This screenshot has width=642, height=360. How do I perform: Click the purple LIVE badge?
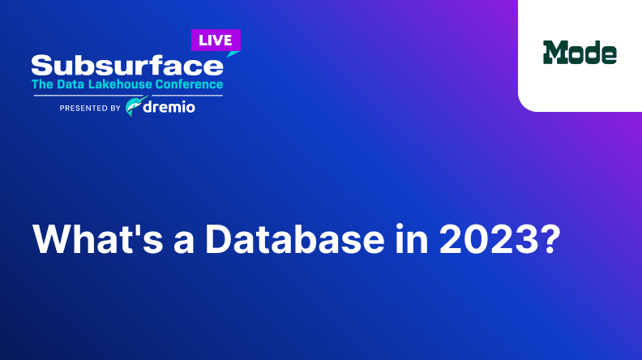click(x=216, y=41)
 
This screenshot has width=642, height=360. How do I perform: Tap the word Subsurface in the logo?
click(x=127, y=66)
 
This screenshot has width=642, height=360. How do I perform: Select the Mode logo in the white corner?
click(x=580, y=53)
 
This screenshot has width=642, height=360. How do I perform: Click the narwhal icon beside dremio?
click(x=136, y=106)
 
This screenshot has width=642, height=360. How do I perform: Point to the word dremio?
click(x=169, y=107)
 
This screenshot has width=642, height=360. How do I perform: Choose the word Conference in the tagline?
click(x=189, y=84)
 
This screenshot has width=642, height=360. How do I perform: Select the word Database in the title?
click(x=295, y=239)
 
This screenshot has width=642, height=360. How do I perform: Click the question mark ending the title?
click(x=550, y=239)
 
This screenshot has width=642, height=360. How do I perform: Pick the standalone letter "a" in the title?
click(x=184, y=243)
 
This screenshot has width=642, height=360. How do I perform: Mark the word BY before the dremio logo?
click(x=115, y=108)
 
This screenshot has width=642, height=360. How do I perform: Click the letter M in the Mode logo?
click(x=555, y=53)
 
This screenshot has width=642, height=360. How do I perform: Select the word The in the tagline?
click(x=42, y=84)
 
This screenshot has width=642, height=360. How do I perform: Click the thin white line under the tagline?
click(x=128, y=96)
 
